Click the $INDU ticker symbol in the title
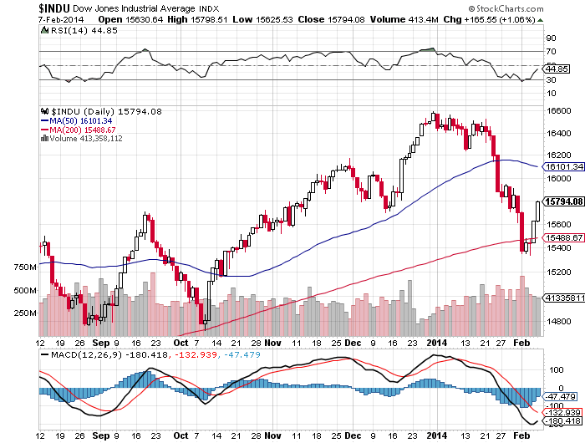20,7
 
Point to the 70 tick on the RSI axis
551,52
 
